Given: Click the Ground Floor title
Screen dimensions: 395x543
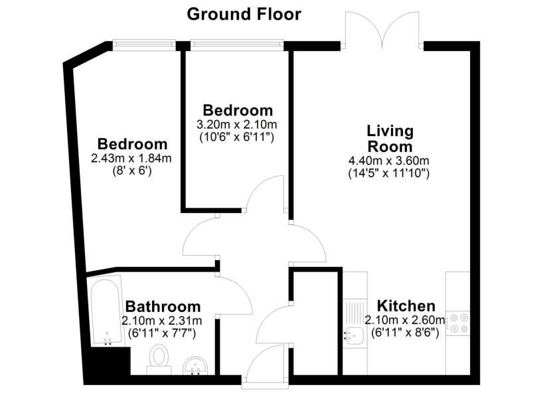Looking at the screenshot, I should tap(244, 13).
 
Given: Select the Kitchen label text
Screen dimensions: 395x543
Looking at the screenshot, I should tap(406, 306).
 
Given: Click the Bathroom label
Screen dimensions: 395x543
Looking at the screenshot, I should tap(163, 307).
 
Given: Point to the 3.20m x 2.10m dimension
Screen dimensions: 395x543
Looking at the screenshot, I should tap(238, 124).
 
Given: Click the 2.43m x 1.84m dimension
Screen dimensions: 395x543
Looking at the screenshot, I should tap(132, 158).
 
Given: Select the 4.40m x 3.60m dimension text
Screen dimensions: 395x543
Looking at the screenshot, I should tap(389, 161).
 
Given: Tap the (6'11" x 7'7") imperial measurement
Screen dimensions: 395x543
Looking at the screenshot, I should tap(163, 333).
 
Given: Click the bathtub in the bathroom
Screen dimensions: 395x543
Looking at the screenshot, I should tap(105, 312).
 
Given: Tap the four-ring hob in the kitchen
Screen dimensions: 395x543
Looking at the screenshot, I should tap(458, 322).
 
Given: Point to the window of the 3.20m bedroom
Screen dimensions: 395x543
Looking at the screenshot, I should tap(237, 45).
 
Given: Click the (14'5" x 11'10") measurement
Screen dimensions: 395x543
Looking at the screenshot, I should tap(389, 173).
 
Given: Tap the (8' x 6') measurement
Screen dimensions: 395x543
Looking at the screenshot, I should tap(132, 170).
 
